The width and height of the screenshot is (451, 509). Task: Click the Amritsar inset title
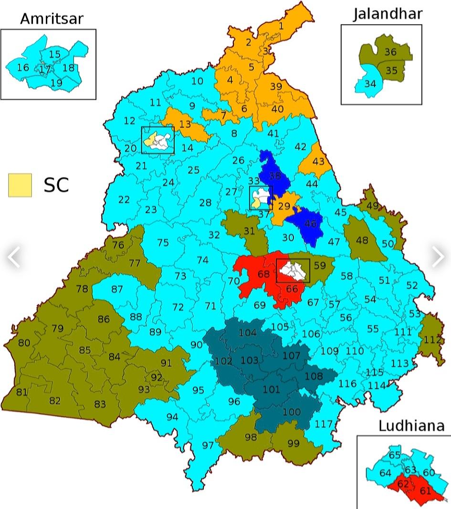point(52,19)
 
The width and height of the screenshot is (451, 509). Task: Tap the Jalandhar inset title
point(388,14)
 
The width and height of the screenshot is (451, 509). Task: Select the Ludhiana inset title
point(411,426)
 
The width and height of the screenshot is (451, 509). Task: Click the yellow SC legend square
point(20,185)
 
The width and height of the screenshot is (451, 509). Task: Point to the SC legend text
point(56,185)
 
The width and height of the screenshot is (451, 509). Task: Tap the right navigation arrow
point(438,257)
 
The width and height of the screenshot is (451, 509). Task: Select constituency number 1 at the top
point(281,26)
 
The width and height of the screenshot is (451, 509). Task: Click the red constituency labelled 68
point(263,274)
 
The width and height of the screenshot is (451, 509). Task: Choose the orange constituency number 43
point(318,161)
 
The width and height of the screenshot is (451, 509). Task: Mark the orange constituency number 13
point(185,125)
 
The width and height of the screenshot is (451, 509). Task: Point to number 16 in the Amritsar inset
point(23,67)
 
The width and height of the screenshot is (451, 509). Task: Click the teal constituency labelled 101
point(272,390)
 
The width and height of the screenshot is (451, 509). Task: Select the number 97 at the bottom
point(208,446)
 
